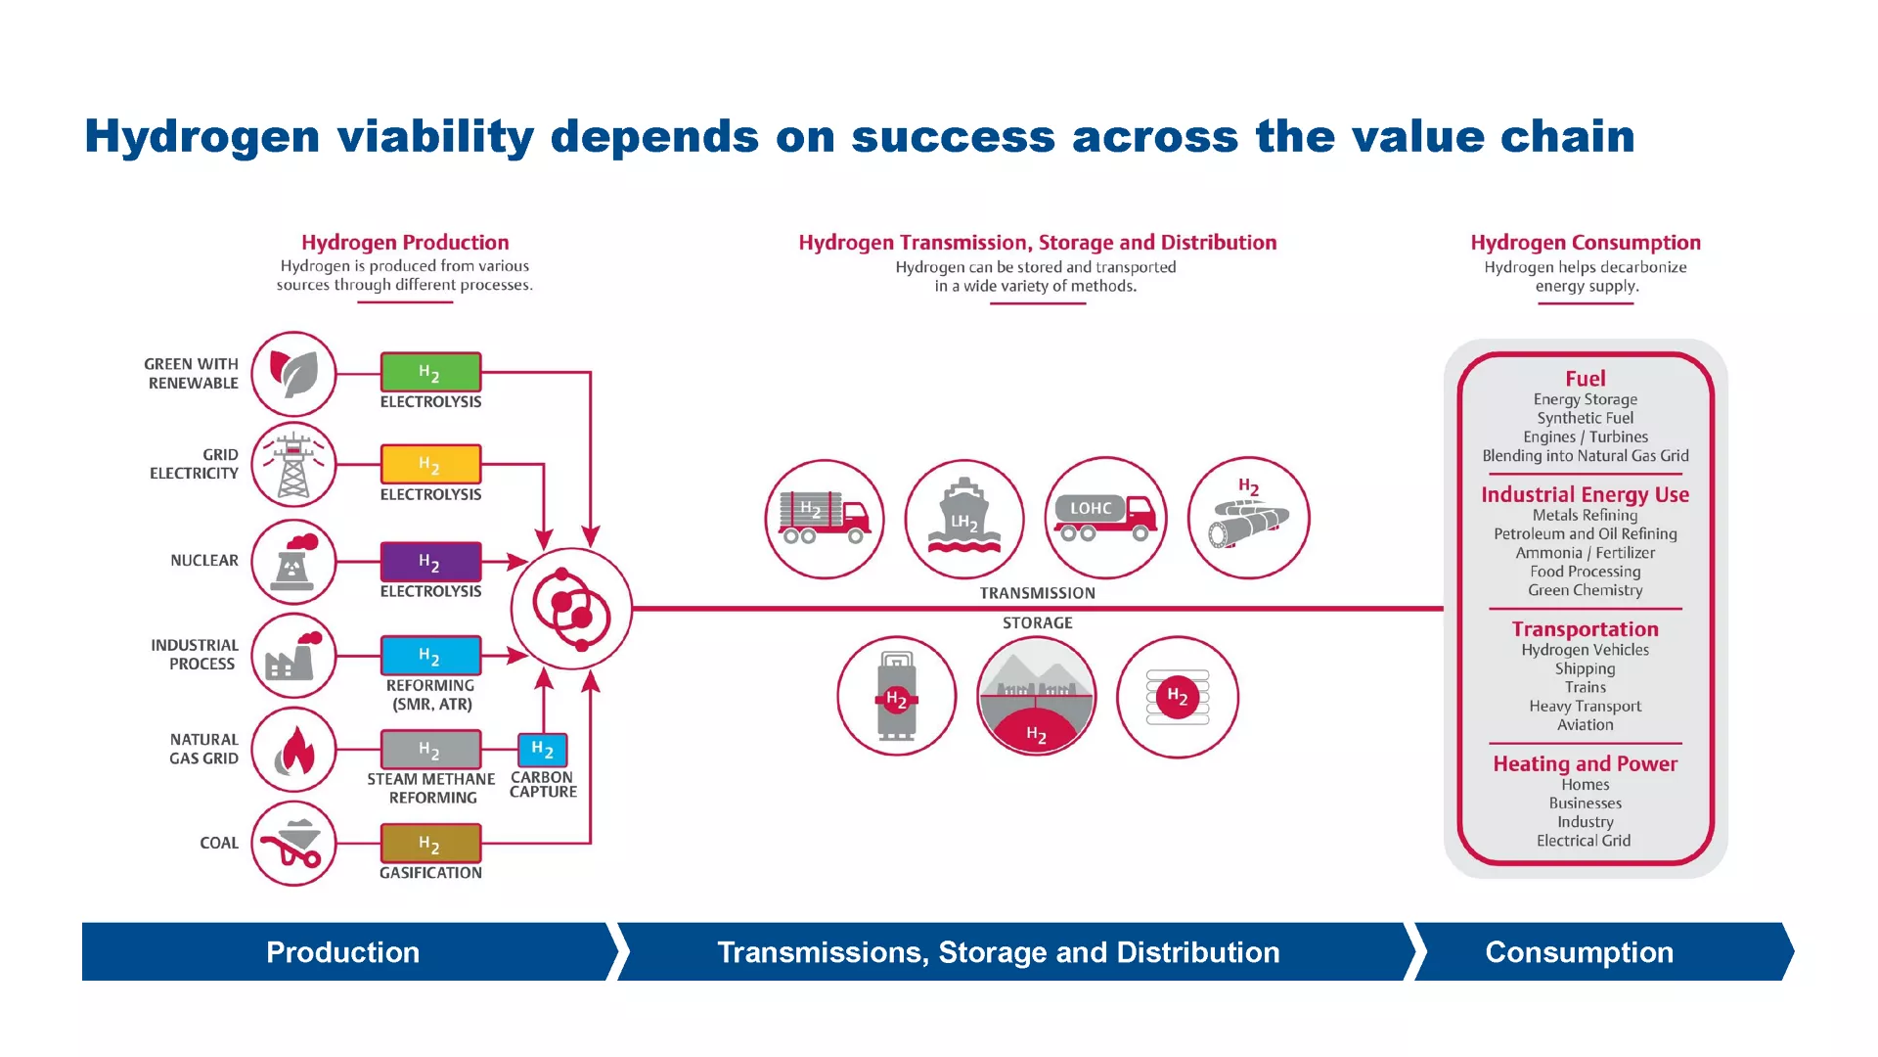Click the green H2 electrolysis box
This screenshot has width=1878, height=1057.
pos(430,373)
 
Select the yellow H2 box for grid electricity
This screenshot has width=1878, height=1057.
pos(430,464)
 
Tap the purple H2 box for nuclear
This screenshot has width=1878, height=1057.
pos(430,562)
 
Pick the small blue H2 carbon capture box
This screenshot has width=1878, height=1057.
pos(542,750)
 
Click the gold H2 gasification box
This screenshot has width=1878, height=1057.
pos(430,843)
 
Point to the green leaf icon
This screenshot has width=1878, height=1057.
pos(293,374)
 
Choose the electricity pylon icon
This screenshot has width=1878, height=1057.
pos(293,465)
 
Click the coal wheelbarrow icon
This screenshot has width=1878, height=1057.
pos(293,844)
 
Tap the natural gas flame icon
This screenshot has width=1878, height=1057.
pos(293,751)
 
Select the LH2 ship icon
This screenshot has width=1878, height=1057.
pos(964,518)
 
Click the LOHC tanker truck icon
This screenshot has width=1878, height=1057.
pos(1105,518)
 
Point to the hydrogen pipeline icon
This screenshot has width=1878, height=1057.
pos(1248,518)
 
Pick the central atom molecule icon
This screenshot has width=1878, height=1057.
pos(572,609)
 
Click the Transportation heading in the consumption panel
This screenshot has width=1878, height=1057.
pos(1585,629)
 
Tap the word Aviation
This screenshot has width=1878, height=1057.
pos(1585,725)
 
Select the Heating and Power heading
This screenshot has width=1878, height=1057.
pos(1585,763)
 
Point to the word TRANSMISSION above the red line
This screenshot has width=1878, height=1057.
pos(1037,593)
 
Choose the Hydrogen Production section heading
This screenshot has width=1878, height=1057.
pos(405,243)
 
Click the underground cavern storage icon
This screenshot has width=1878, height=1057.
pos(1037,696)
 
